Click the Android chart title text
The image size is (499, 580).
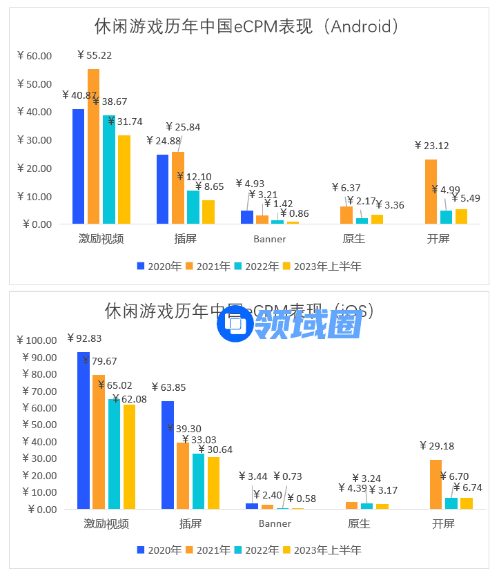point(247,26)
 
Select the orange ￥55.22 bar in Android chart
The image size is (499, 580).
point(93,146)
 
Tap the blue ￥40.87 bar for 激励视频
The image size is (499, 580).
point(78,166)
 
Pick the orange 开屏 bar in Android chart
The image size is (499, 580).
point(431,191)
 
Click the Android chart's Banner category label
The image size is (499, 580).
point(268,240)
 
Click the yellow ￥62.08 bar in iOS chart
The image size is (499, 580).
point(129,456)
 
